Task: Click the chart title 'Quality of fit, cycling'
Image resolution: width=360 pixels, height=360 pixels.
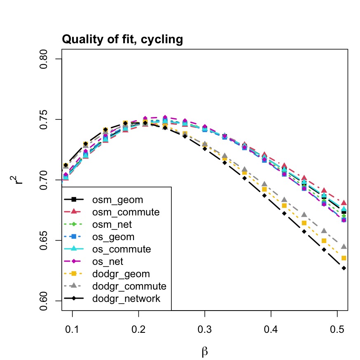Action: coord(122,40)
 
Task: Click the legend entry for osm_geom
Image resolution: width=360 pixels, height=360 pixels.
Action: coord(117,200)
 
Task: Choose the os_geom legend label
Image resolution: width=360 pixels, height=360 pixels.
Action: coord(113,237)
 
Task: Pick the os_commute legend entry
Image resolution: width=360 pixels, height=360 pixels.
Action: coord(122,249)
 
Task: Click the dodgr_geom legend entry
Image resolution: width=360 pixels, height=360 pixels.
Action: coord(121,274)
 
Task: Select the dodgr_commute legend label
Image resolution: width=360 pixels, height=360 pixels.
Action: coord(129,286)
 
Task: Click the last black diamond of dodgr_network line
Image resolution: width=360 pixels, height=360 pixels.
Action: coord(344,268)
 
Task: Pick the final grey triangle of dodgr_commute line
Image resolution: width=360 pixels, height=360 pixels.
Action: coord(344,247)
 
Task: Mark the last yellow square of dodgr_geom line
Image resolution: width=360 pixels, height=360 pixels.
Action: coord(344,258)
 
